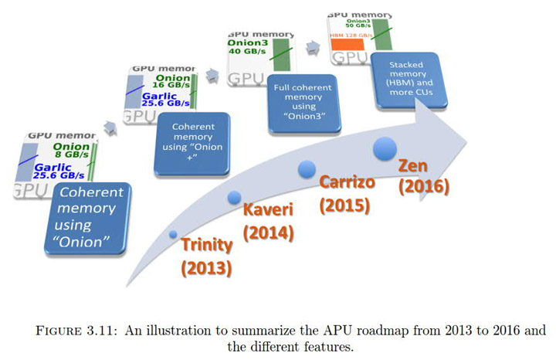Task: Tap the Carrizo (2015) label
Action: [344, 194]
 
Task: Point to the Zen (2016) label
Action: [423, 175]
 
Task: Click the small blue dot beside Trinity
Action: [173, 234]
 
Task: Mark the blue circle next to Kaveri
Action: [234, 198]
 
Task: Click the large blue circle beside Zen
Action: [385, 149]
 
